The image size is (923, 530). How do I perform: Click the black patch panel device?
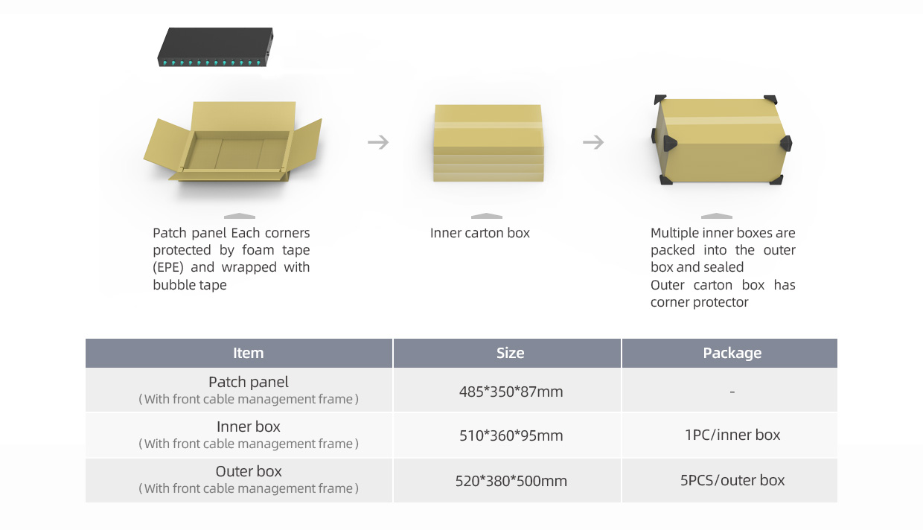215,47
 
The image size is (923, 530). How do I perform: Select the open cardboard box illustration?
233,141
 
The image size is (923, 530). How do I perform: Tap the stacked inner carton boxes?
488,143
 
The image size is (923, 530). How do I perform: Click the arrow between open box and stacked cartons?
378,142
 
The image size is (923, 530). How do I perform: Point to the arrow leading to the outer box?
593,142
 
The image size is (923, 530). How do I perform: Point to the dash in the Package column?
732,392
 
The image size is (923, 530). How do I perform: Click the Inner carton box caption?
480,233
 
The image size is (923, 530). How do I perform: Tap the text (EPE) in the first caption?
168,267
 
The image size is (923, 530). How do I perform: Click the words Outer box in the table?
249,471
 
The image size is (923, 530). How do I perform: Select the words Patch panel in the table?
249,382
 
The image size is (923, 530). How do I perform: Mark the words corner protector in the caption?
700,302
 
